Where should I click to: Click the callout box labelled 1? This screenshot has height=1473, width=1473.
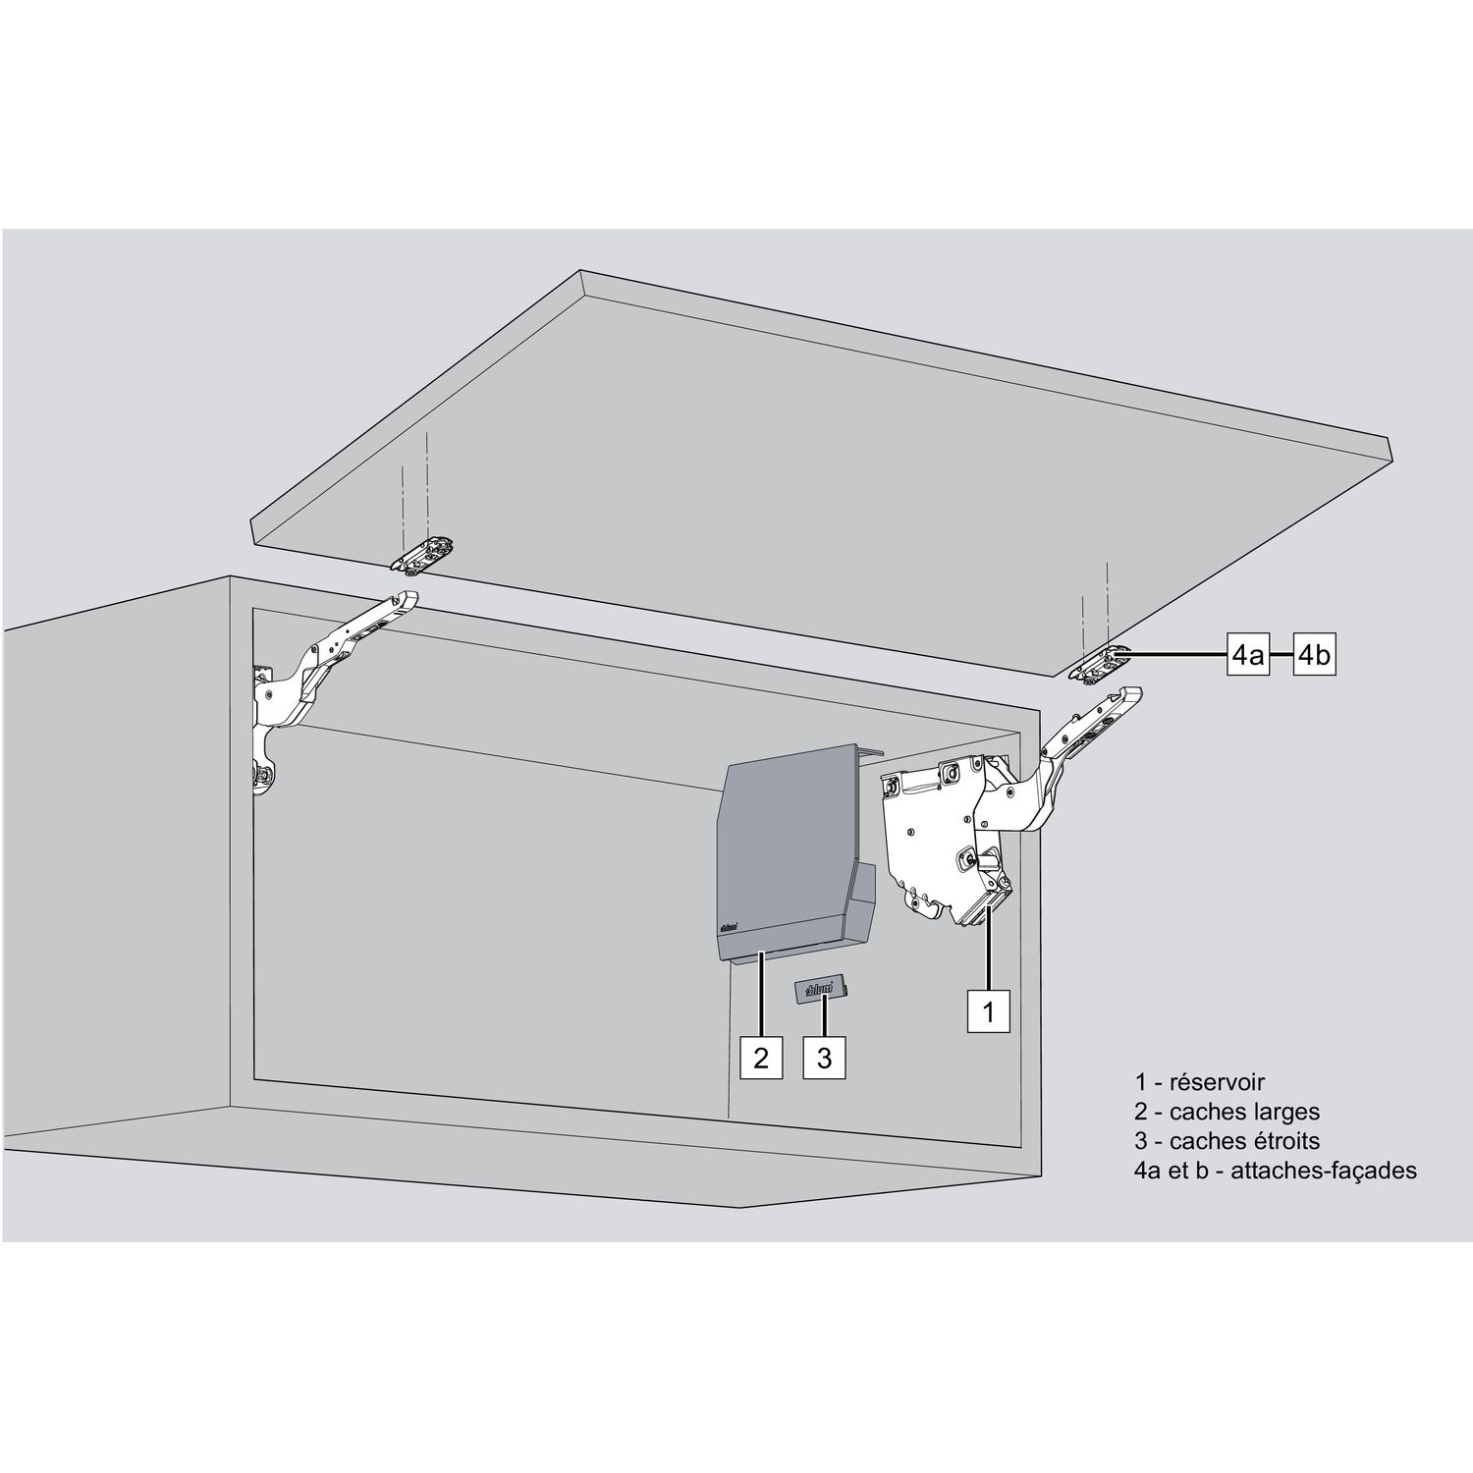(x=988, y=1010)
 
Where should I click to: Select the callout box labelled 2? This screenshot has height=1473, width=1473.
(x=761, y=1058)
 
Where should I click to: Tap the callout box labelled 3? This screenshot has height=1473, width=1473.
(x=824, y=1058)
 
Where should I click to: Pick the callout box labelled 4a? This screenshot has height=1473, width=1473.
(x=1249, y=654)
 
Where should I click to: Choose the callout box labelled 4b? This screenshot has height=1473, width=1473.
(x=1314, y=654)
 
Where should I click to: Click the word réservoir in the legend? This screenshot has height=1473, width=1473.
(x=1217, y=1082)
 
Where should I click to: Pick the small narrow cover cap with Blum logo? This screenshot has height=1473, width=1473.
(x=822, y=989)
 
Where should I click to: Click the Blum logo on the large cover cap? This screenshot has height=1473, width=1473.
(x=729, y=925)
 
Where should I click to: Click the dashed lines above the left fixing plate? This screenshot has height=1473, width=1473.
(x=414, y=487)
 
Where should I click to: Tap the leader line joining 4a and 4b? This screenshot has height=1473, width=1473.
(x=1282, y=654)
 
